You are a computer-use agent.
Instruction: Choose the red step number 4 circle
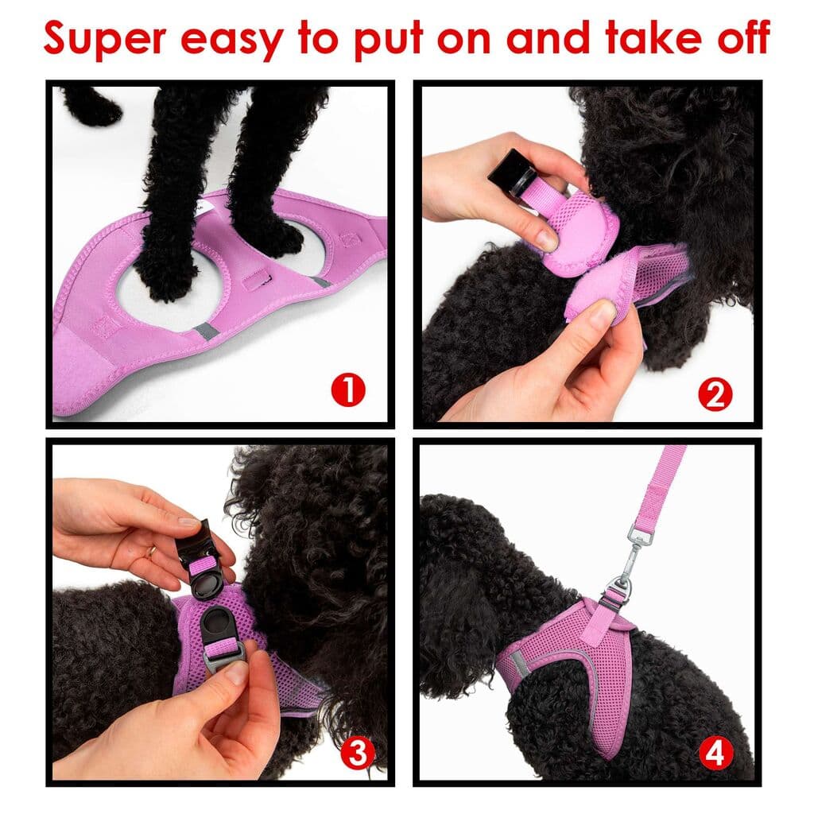click(715, 753)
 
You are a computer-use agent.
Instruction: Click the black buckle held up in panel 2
click(510, 169)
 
